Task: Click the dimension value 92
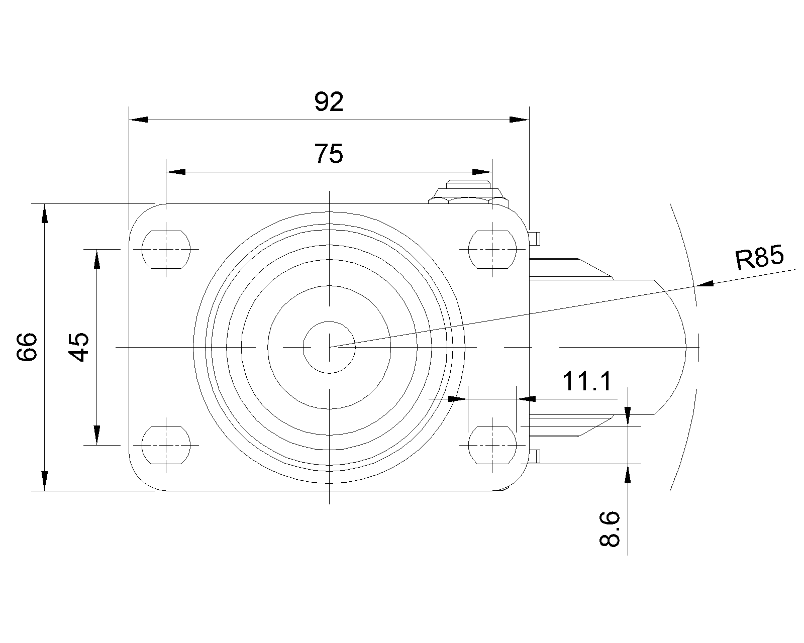(329, 102)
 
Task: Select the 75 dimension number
(329, 154)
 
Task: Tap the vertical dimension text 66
(27, 347)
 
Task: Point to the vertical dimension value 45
(79, 347)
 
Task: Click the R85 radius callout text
(759, 259)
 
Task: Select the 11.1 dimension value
(587, 381)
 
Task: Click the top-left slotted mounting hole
(166, 249)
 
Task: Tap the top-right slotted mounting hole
(492, 249)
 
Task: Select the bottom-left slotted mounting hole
(166, 445)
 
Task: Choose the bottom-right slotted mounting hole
(492, 445)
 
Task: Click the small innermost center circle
(329, 347)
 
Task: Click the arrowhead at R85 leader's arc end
(706, 284)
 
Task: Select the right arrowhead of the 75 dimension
(482, 172)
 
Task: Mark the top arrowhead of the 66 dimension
(45, 213)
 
